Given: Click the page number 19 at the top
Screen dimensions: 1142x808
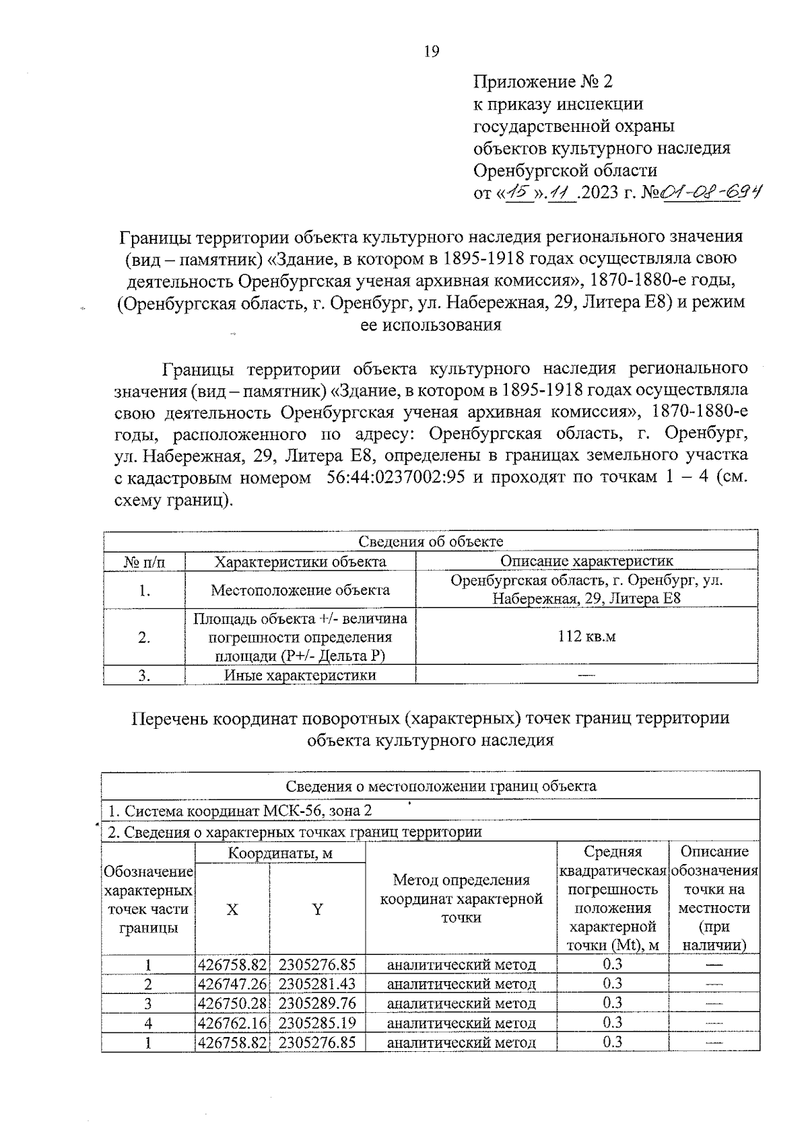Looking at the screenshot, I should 432,52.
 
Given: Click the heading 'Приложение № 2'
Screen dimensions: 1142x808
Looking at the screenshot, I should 543,82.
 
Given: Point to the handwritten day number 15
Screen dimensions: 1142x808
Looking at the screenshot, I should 518,193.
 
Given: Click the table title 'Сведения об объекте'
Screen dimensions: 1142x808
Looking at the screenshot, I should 430,542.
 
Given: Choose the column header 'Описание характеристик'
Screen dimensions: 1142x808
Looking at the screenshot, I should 586,561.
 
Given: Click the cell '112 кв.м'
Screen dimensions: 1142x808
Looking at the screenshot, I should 586,637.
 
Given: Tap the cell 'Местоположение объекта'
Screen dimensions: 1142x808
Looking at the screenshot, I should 300,590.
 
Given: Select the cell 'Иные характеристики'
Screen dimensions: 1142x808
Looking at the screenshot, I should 300,675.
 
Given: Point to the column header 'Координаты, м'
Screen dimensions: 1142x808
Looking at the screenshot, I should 280,853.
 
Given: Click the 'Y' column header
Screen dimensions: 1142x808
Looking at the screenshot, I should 317,910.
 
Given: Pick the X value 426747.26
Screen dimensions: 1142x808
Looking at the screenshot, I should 232,984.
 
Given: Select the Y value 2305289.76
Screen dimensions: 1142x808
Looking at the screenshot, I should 317,1003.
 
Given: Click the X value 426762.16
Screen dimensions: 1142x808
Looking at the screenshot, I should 232,1024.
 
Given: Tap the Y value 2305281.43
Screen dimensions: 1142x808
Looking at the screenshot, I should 317,984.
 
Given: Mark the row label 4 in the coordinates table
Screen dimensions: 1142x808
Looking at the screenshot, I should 148,1024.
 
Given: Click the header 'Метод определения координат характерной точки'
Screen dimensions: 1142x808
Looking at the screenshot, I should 461,898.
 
